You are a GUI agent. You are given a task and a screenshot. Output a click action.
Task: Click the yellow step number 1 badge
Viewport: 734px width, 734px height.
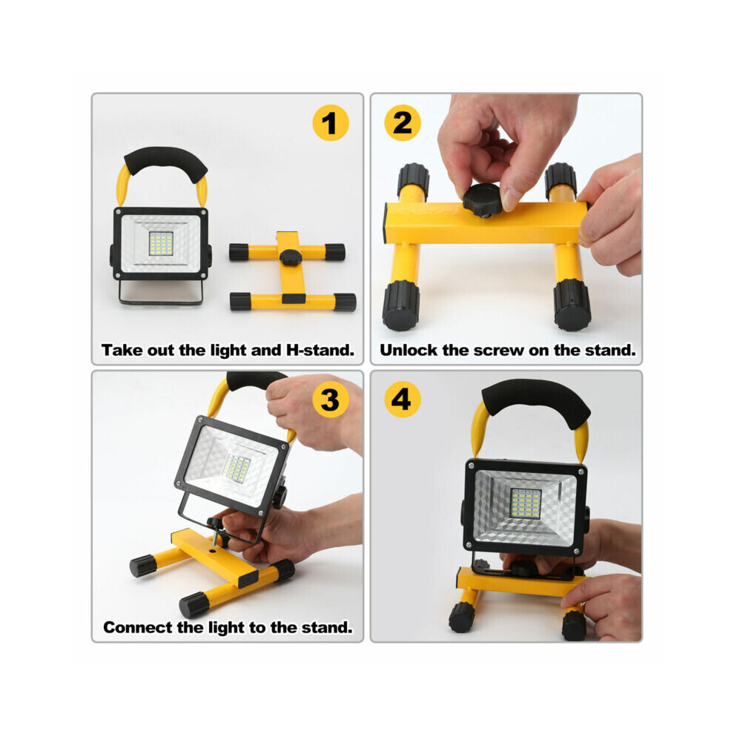(x=331, y=122)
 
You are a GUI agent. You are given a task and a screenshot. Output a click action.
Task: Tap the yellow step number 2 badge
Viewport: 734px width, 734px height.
(x=402, y=122)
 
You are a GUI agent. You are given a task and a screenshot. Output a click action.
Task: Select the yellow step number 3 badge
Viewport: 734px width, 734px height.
(x=331, y=400)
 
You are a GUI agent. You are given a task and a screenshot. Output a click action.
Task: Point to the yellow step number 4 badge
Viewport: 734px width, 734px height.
(x=402, y=400)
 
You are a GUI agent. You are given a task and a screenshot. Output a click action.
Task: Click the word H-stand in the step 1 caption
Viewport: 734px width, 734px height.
(x=320, y=350)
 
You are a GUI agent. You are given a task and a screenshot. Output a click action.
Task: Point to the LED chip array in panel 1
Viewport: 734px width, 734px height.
(x=161, y=243)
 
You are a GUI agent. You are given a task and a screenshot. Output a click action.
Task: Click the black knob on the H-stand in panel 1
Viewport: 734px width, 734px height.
(x=291, y=257)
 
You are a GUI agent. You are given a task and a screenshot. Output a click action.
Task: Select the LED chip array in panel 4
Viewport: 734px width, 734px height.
(x=525, y=503)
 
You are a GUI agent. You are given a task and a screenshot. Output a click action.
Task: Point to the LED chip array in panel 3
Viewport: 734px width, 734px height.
(x=237, y=468)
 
